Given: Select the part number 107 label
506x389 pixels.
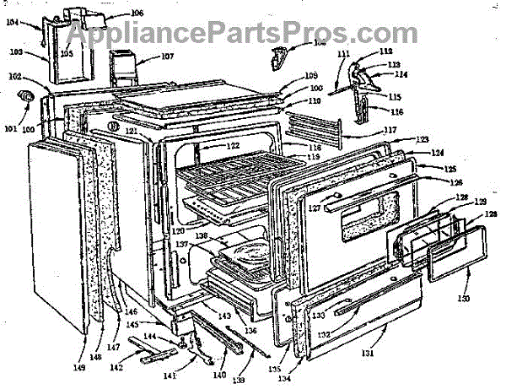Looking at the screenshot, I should [165, 58].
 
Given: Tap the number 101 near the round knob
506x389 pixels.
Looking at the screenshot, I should [10, 129].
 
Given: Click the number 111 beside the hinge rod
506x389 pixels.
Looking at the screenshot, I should [343, 54].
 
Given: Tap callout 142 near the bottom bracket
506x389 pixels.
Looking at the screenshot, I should [117, 368].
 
